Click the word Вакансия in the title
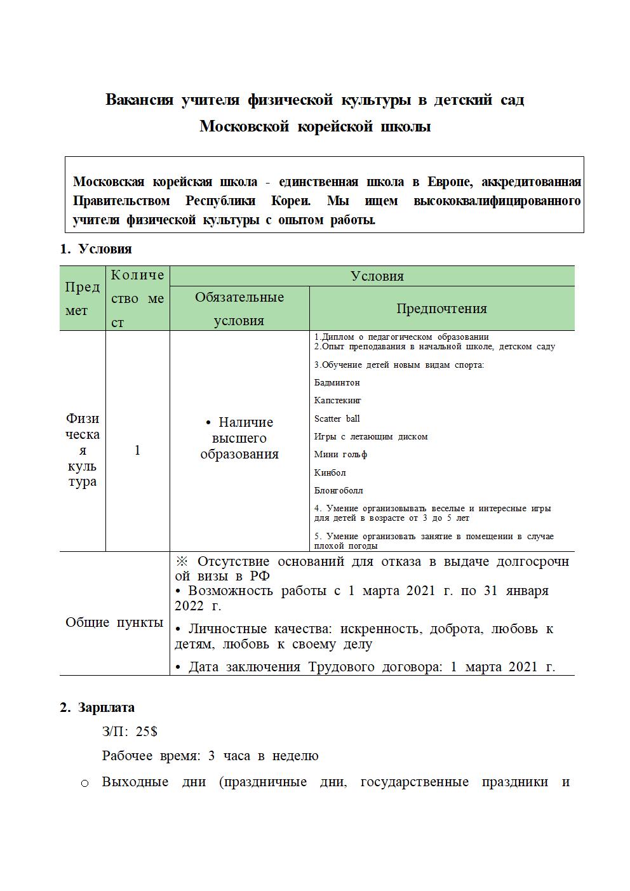point(139,100)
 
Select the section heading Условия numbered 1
point(105,249)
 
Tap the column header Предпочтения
point(441,309)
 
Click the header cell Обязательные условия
point(239,309)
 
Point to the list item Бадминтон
point(337,383)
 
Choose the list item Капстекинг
point(337,401)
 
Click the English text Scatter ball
point(337,419)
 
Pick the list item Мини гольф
point(340,455)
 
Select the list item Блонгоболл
point(338,490)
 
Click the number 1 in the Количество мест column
point(137,450)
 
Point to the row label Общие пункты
point(114,622)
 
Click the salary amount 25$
point(147,732)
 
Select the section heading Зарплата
point(106,707)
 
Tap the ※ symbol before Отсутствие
point(182,561)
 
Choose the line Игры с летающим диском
point(371,437)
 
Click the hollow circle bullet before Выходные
point(85,783)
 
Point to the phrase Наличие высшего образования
point(239,438)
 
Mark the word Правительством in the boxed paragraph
point(121,201)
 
